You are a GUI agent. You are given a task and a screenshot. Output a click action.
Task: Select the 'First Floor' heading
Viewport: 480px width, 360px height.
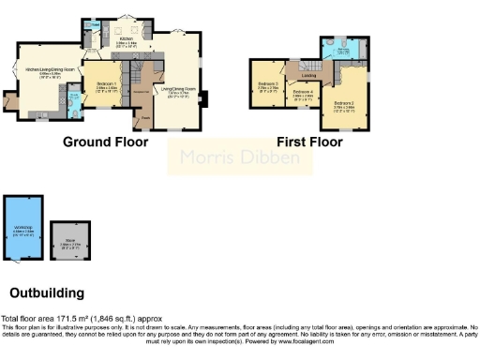tap(309, 142)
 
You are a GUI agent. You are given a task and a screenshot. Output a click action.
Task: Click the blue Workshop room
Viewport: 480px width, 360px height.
tap(23, 231)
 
